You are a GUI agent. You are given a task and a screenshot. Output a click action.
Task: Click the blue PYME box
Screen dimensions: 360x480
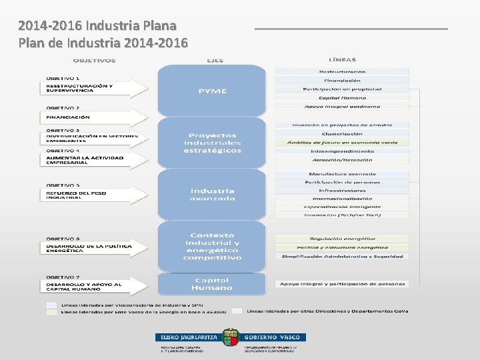pyautogui.click(x=212, y=91)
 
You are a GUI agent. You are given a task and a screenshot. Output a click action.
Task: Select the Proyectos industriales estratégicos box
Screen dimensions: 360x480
pyautogui.click(x=212, y=143)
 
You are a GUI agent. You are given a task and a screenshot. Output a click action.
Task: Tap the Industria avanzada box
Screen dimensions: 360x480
pyautogui.click(x=212, y=194)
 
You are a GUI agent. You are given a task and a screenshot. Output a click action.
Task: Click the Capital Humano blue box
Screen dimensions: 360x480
pyautogui.click(x=212, y=284)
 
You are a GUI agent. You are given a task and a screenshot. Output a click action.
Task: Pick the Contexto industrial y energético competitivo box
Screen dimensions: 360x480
pyautogui.click(x=212, y=246)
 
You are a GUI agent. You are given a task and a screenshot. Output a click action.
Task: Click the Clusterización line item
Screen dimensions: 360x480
pyautogui.click(x=342, y=133)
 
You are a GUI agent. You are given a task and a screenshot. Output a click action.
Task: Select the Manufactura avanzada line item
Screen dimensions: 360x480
pyautogui.click(x=342, y=173)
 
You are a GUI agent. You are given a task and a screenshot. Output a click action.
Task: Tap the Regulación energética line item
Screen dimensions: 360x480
pyautogui.click(x=342, y=239)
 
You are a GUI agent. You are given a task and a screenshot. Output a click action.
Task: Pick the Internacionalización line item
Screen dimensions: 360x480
pyautogui.click(x=342, y=198)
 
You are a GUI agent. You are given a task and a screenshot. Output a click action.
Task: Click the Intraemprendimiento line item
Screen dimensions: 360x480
pyautogui.click(x=342, y=151)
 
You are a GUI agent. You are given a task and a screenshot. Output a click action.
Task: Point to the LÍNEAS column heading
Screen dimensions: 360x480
pyautogui.click(x=342, y=60)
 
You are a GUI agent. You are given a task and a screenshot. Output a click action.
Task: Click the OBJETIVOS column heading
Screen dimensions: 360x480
pyautogui.click(x=94, y=61)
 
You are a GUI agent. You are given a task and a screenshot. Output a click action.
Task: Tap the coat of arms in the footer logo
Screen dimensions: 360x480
pyautogui.click(x=231, y=337)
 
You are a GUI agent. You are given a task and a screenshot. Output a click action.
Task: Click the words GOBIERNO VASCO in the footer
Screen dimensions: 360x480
pyautogui.click(x=274, y=338)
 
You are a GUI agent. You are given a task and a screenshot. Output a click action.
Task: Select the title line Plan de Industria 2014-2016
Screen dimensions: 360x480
pyautogui.click(x=103, y=43)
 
